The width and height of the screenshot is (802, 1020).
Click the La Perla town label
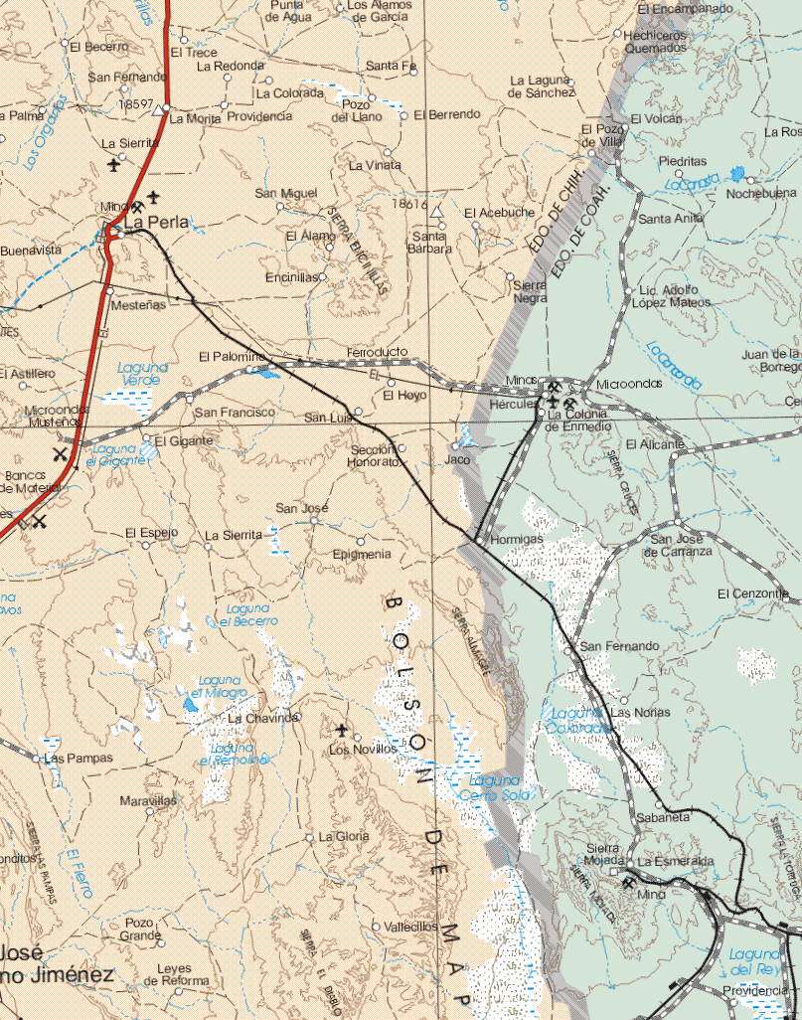click(x=155, y=223)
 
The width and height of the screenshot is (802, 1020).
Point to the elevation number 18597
click(x=135, y=102)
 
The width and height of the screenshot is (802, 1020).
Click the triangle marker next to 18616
click(x=436, y=212)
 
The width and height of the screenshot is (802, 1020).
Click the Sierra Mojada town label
click(x=604, y=853)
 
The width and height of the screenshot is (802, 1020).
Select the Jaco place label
click(x=457, y=460)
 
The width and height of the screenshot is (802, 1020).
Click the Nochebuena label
click(x=761, y=194)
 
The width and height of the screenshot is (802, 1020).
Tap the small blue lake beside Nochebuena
click(x=737, y=174)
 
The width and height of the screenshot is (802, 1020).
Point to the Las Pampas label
click(x=79, y=758)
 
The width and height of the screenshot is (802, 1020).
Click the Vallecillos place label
click(x=410, y=926)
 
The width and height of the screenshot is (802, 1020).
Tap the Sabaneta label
click(x=663, y=816)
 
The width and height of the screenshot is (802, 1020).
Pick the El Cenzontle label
click(x=752, y=594)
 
